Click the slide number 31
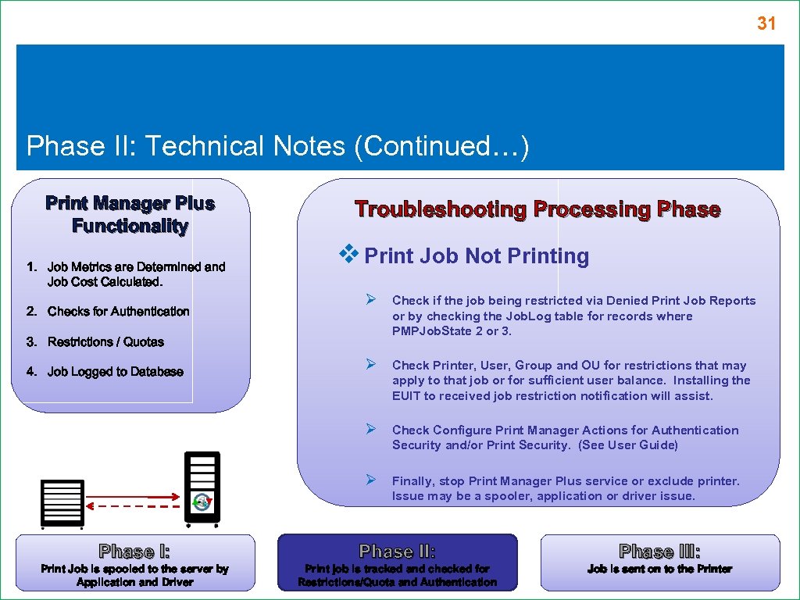(x=766, y=24)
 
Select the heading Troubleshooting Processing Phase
(x=537, y=209)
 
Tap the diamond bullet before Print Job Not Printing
(x=348, y=253)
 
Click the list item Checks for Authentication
(x=118, y=312)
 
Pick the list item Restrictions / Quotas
(x=105, y=342)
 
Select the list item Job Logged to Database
(x=115, y=372)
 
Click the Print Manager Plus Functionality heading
(x=130, y=215)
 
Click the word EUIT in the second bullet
(x=407, y=396)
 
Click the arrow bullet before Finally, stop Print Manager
(x=373, y=479)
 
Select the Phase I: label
(x=134, y=552)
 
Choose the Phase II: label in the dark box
(x=397, y=552)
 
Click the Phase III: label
(x=659, y=552)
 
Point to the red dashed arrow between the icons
(x=133, y=506)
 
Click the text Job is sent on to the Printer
(x=659, y=570)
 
